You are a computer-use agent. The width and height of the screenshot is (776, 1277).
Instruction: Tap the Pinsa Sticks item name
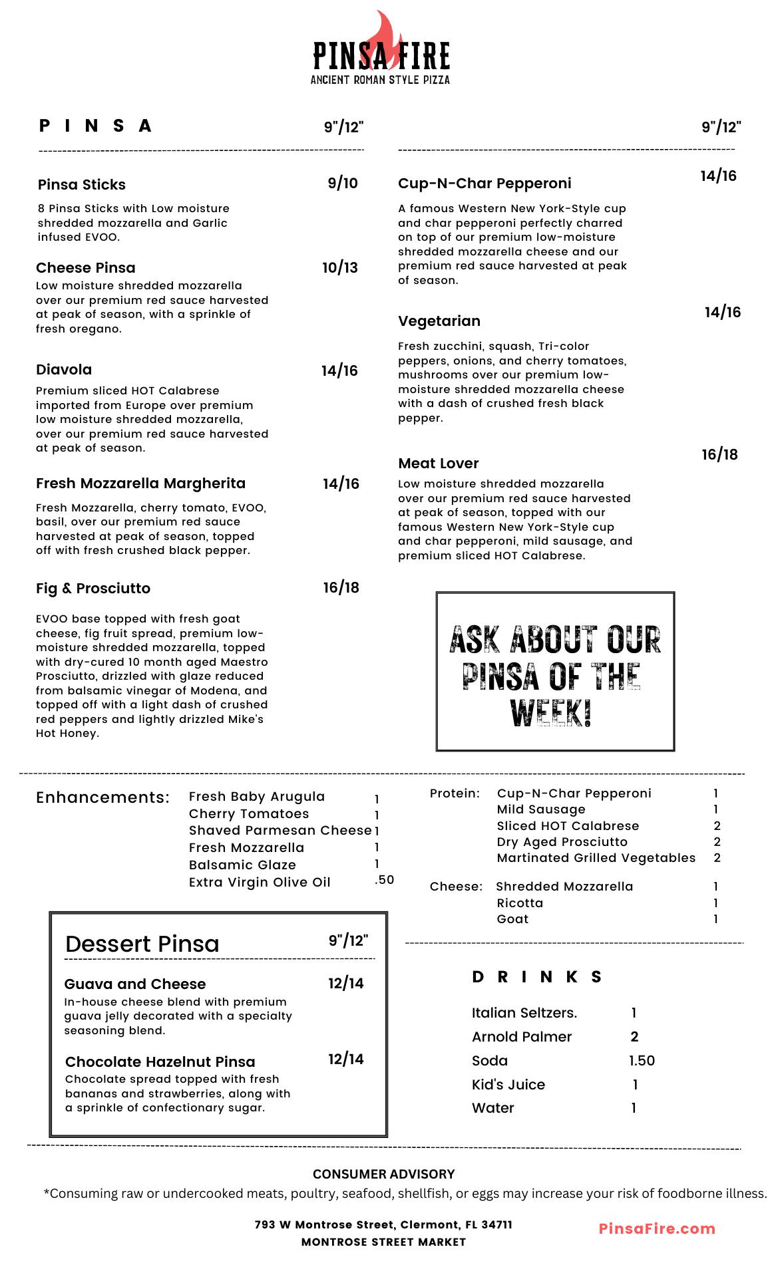coord(82,184)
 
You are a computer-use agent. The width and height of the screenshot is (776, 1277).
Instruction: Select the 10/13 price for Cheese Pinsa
coord(340,267)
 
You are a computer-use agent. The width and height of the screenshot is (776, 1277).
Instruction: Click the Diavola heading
coord(64,370)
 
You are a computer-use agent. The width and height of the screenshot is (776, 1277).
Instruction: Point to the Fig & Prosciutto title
coord(93,589)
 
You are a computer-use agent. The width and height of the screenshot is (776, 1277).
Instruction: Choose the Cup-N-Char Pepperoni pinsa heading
coord(485,184)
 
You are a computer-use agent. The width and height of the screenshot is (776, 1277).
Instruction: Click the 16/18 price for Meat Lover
coord(719,455)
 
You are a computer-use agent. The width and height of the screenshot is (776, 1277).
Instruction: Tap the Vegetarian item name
coord(439,321)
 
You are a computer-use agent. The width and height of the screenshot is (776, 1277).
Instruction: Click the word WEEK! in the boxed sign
coord(551,713)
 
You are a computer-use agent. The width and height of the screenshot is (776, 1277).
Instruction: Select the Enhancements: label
coord(103,797)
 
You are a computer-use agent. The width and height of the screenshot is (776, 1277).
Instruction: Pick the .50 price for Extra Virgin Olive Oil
coord(384,880)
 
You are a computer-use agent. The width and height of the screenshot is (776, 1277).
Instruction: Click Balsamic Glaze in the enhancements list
coord(242,865)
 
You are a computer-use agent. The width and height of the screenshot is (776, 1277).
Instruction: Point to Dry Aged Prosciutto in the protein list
coord(562,842)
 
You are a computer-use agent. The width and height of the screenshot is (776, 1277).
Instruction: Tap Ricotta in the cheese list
coord(520,903)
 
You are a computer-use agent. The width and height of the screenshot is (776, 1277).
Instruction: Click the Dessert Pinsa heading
coord(142,944)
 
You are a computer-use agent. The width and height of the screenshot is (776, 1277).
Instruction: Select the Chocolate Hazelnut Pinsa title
coord(160,1062)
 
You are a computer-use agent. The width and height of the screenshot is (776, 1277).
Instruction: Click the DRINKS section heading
coord(537,976)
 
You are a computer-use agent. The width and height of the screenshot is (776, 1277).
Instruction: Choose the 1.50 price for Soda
coord(642,1061)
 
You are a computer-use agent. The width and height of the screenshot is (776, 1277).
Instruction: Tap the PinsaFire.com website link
coord(657,1228)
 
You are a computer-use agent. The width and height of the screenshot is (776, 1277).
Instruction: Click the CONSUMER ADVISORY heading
coord(384,1174)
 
